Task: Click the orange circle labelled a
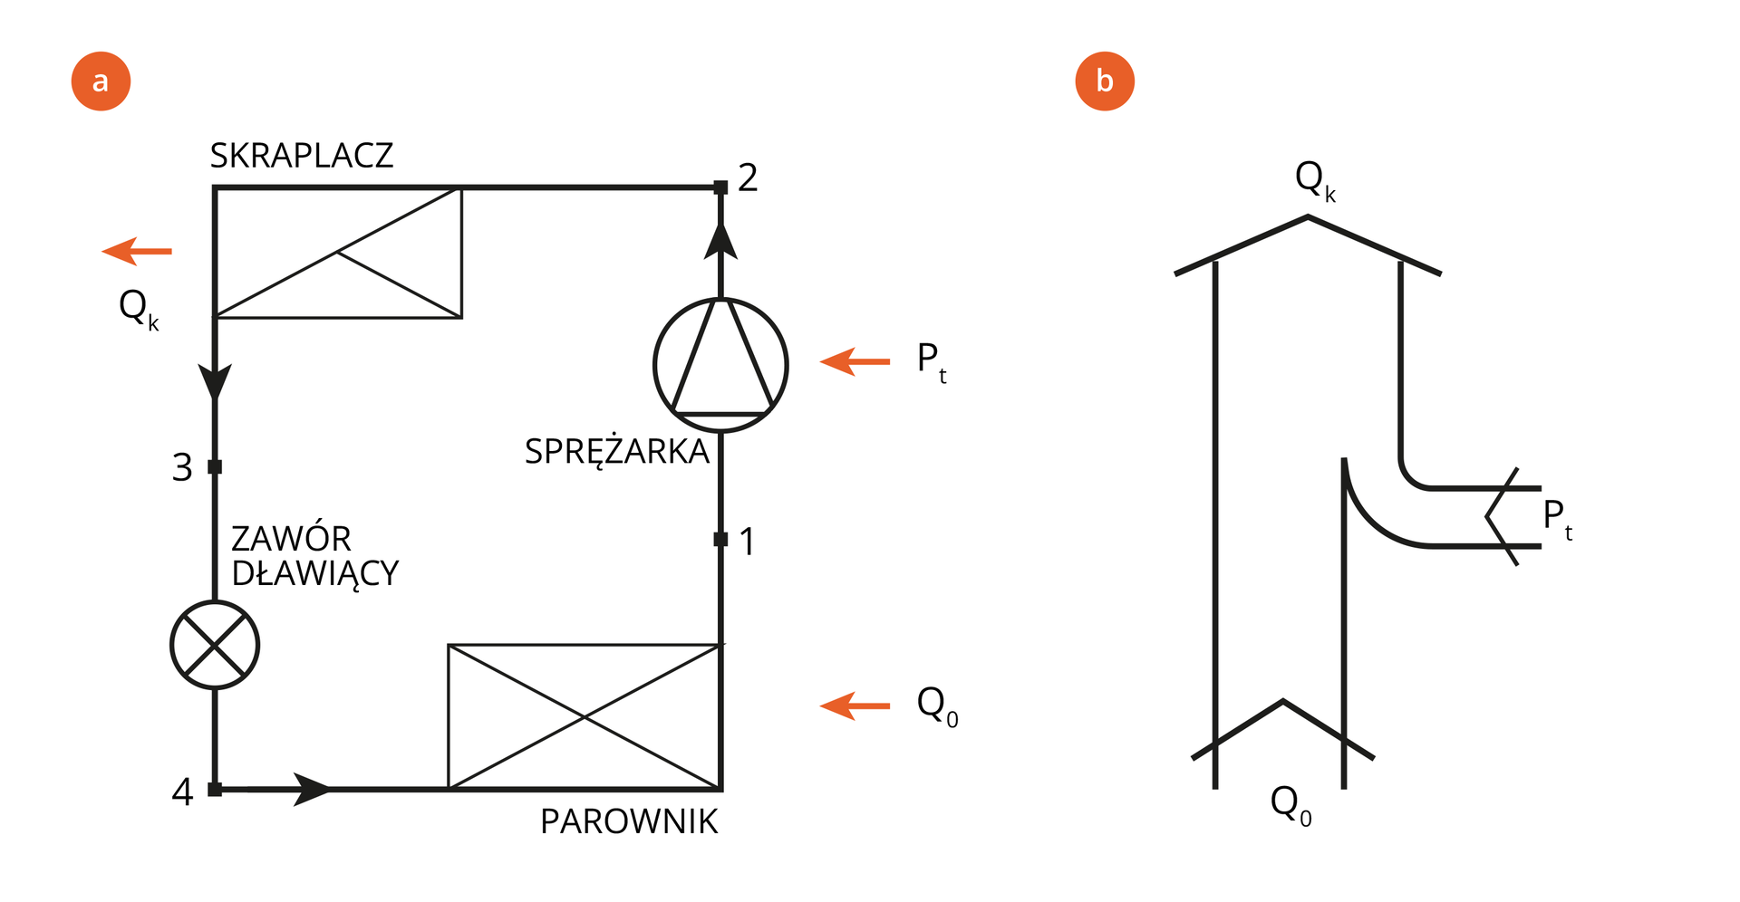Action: [101, 82]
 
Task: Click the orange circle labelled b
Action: [1104, 82]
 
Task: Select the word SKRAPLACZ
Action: [302, 156]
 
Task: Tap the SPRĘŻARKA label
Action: [617, 451]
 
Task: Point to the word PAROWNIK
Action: [629, 821]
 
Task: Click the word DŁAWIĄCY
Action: [315, 573]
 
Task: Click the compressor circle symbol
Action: [720, 365]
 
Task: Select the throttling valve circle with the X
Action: [215, 645]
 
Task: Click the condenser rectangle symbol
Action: [338, 253]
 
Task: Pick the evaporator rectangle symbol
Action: [585, 716]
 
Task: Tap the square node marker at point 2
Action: [720, 187]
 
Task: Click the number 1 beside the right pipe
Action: [747, 542]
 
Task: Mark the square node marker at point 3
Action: [215, 467]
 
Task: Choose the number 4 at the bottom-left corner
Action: [182, 792]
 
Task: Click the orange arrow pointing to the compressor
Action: [855, 361]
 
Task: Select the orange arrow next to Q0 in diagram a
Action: [855, 705]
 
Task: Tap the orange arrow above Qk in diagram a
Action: [136, 251]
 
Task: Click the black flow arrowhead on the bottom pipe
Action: [314, 790]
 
